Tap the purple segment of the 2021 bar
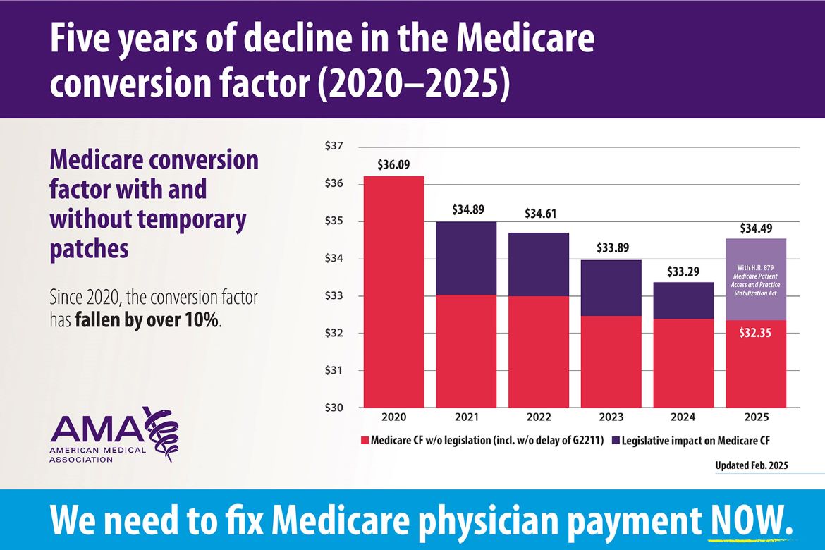tap(466, 258)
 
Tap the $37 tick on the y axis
tap(334, 147)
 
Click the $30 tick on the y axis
tap(334, 408)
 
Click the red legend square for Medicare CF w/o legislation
tap(365, 441)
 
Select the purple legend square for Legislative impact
tap(615, 441)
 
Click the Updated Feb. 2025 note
tap(751, 465)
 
